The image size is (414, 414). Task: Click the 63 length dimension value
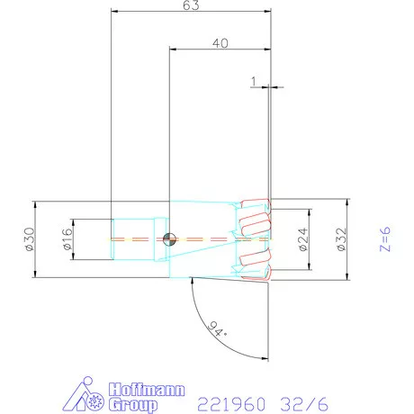191,5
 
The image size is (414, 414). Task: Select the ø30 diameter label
29,238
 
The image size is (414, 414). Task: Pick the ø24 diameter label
303,238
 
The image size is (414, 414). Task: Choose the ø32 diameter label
340,238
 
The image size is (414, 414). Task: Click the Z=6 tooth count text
385,240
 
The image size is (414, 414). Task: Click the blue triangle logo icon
88,395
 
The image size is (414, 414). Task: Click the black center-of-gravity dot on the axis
169,238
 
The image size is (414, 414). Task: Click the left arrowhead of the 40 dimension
172,51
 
